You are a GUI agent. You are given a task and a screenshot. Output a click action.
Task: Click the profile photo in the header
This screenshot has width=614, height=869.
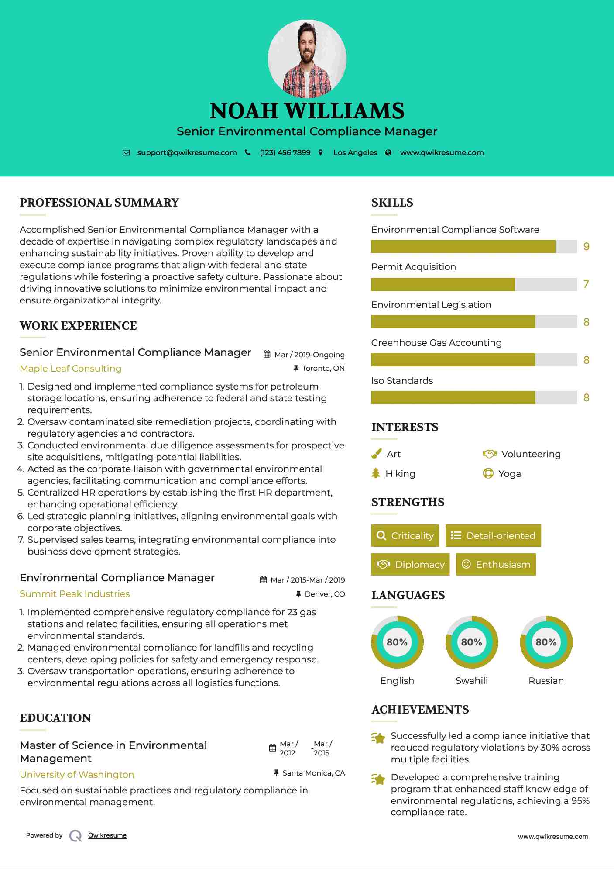coord(307,59)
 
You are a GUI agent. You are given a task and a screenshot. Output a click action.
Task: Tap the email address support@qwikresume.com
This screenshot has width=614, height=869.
coord(187,152)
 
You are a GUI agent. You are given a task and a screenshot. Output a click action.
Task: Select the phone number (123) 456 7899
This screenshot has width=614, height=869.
coord(285,152)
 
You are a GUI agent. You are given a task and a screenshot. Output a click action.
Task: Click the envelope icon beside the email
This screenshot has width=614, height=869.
coord(126,152)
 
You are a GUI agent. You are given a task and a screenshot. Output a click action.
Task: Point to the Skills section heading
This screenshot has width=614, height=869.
coord(392,203)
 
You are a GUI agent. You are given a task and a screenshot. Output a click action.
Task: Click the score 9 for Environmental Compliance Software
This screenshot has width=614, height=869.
coord(586,247)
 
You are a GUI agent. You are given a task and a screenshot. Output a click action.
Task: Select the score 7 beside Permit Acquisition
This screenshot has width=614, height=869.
coord(586,284)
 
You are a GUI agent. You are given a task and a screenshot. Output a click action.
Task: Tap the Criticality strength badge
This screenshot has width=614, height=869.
coord(405,535)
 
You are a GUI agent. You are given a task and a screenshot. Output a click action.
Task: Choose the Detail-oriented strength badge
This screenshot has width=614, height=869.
coord(493,535)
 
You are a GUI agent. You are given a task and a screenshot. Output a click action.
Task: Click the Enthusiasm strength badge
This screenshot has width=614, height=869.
coord(496,564)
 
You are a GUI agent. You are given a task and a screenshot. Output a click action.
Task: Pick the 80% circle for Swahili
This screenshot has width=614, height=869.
coord(471,642)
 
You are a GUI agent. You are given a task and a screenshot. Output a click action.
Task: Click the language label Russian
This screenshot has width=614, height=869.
coord(546,680)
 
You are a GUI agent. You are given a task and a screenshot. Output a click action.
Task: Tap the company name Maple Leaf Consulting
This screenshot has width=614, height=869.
coord(71,368)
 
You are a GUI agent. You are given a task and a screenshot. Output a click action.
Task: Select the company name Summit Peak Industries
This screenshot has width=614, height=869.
coord(75,593)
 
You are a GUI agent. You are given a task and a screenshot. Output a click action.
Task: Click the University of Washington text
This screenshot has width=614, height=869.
coord(77,774)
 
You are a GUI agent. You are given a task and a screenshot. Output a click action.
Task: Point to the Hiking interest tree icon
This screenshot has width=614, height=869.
coord(376,473)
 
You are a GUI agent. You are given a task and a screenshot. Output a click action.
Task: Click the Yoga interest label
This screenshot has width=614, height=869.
coord(510,474)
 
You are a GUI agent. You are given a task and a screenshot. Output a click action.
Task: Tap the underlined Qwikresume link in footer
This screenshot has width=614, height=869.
coord(107,835)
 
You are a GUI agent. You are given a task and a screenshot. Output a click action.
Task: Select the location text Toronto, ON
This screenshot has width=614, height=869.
coord(323,368)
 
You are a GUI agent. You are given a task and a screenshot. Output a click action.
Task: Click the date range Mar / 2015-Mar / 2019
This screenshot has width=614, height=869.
coord(308,580)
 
